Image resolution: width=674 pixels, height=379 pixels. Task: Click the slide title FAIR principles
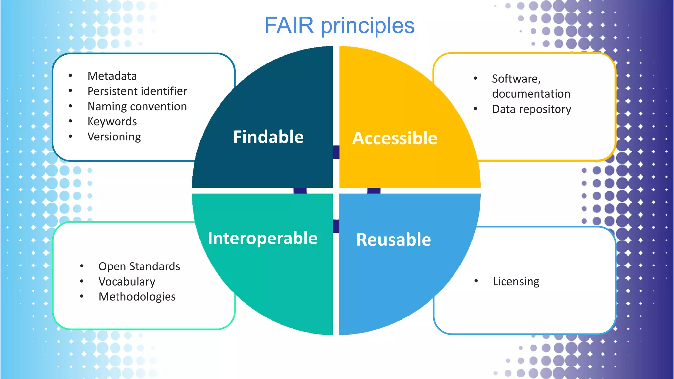click(339, 26)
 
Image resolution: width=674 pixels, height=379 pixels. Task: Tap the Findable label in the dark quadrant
click(268, 137)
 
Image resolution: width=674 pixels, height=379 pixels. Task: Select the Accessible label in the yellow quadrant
click(395, 138)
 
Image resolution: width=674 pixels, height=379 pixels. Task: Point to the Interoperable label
click(263, 238)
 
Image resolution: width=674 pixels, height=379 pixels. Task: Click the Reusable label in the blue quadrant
click(394, 240)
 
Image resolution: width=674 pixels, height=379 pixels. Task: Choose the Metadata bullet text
click(112, 76)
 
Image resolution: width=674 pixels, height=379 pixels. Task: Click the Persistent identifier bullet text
click(137, 91)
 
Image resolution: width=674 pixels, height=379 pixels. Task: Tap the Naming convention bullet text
click(137, 106)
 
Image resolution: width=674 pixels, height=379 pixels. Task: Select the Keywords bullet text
click(112, 121)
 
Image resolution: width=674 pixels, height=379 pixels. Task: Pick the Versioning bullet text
click(114, 137)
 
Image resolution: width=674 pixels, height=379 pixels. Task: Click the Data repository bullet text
click(531, 109)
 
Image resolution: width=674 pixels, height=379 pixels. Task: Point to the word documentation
click(531, 94)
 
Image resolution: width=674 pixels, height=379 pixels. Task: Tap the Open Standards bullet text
click(139, 266)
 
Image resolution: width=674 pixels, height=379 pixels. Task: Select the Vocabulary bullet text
click(127, 282)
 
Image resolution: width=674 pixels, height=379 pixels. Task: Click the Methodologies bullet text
click(137, 297)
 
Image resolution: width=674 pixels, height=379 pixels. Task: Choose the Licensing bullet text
click(516, 281)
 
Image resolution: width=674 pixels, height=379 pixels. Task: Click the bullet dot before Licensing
click(476, 281)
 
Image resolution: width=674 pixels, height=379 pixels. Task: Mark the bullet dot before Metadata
click(70, 76)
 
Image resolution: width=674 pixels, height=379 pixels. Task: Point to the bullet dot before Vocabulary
click(82, 281)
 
